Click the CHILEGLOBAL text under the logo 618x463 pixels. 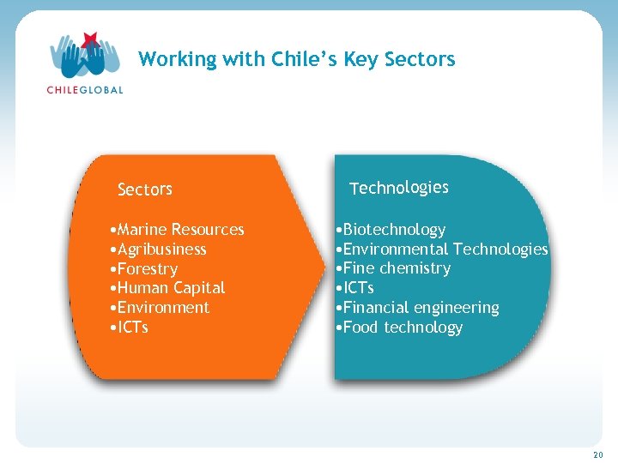[x=84, y=89]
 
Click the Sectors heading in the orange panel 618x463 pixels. [x=144, y=189]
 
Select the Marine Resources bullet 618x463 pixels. [x=178, y=230]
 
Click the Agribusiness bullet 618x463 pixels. [x=159, y=250]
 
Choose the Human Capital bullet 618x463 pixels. [x=168, y=288]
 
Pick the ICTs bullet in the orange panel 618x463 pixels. [x=130, y=328]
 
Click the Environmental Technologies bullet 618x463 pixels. [x=442, y=250]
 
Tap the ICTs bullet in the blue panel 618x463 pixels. [x=354, y=288]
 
